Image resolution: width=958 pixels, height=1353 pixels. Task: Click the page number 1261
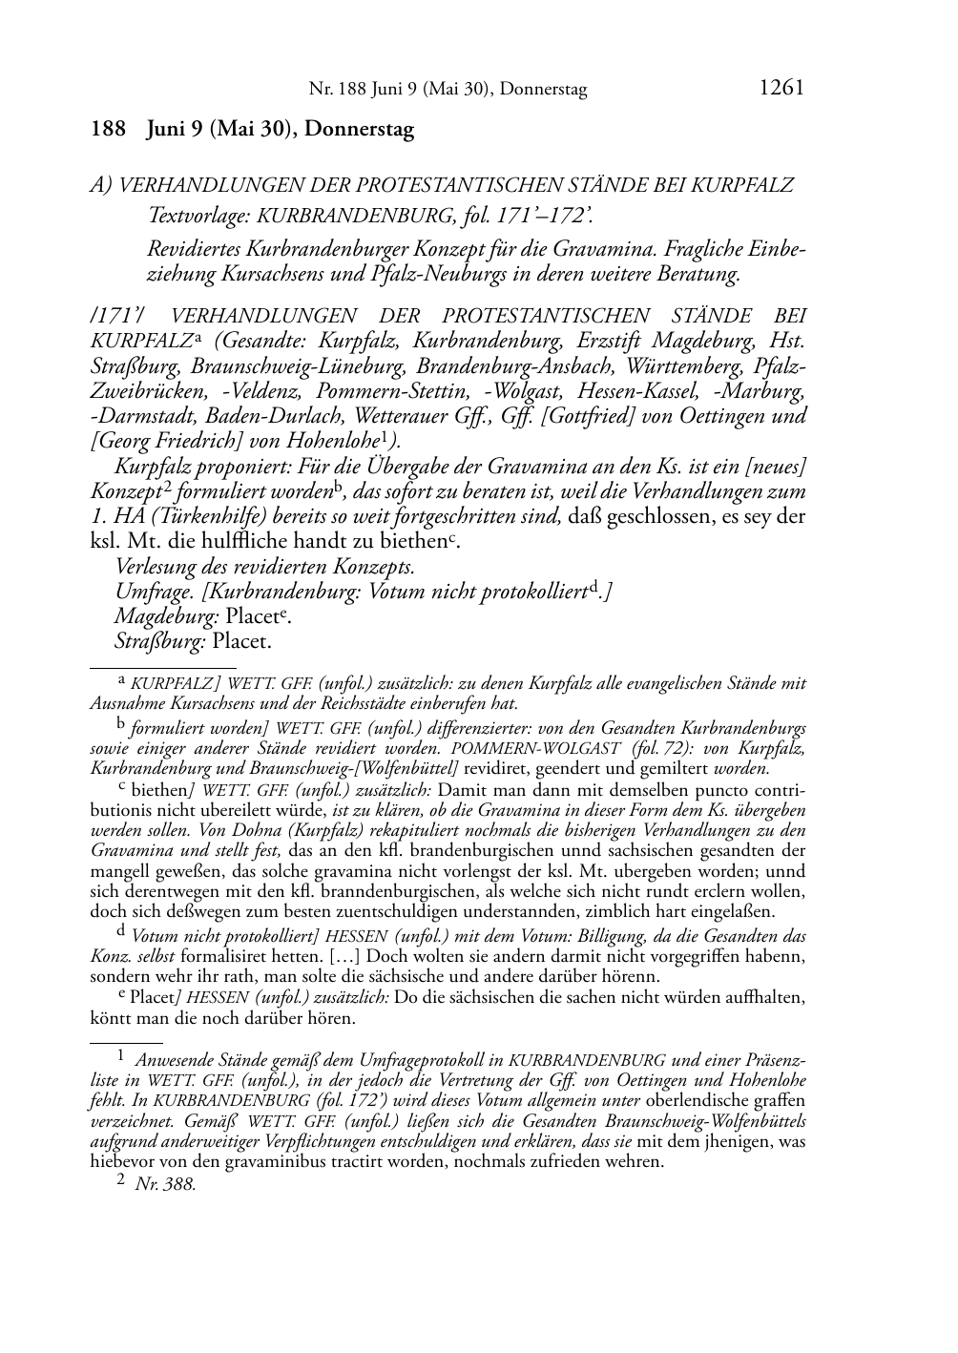(781, 88)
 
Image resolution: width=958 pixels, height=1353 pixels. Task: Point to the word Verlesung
(155, 566)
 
